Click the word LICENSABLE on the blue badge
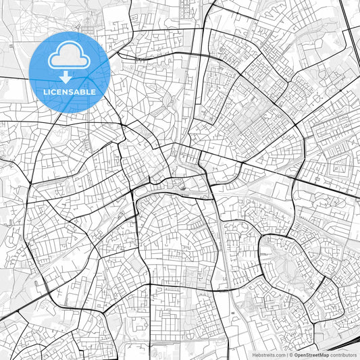tap(70, 91)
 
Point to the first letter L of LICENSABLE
tap(46, 91)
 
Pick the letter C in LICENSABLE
tap(55, 91)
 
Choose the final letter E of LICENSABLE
tap(93, 91)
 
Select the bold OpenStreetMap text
tap(311, 355)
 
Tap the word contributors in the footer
tap(343, 355)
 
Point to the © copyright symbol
tap(290, 355)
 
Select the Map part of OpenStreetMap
tap(324, 355)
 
